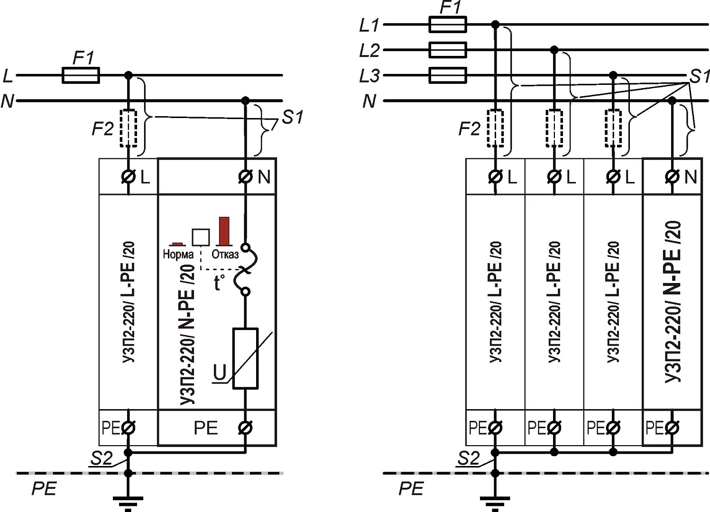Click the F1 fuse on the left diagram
click(x=81, y=75)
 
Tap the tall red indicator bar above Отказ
click(x=224, y=231)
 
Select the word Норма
click(x=178, y=255)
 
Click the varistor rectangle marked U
click(x=245, y=358)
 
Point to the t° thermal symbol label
click(x=219, y=283)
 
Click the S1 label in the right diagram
click(x=700, y=76)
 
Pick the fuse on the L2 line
click(x=447, y=50)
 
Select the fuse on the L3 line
click(x=447, y=75)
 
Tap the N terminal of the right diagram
click(x=673, y=177)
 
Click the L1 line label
click(x=369, y=25)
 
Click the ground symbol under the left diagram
click(x=128, y=501)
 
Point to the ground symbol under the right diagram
click(x=495, y=501)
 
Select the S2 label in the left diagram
click(x=101, y=458)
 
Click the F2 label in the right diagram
click(x=469, y=128)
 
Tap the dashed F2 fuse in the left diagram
click(x=128, y=129)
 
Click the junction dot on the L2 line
click(x=553, y=50)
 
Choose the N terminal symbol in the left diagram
click(x=245, y=177)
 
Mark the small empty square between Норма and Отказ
click(x=200, y=237)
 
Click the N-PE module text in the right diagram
click(x=673, y=301)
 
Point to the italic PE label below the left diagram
click(x=44, y=488)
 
